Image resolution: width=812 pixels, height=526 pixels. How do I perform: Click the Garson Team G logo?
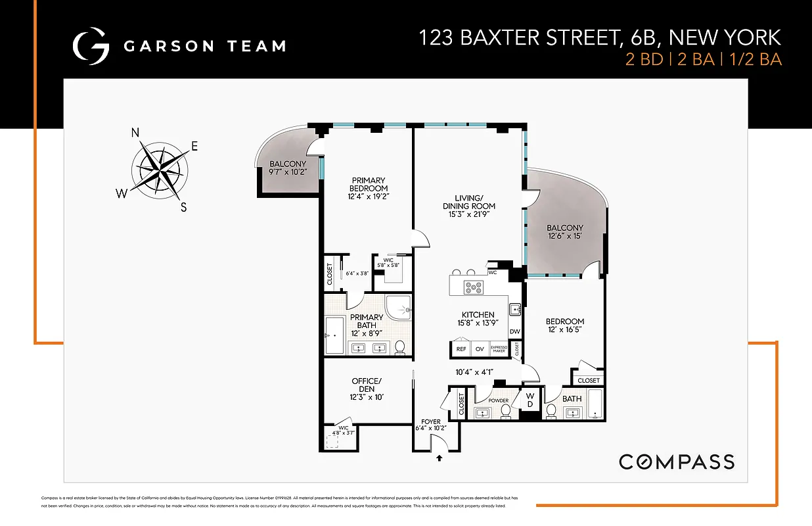(x=91, y=45)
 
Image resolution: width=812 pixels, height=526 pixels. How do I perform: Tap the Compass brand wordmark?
(x=676, y=462)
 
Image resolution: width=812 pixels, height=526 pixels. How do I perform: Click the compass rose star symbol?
(x=158, y=168)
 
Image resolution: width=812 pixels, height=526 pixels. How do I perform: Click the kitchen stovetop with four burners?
(x=473, y=287)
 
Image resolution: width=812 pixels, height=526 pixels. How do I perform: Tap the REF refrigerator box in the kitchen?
(x=461, y=350)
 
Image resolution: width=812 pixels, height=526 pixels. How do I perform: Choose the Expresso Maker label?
(x=499, y=350)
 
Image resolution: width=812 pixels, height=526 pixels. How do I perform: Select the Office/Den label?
(x=366, y=385)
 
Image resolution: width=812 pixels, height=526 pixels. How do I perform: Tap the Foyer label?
(x=431, y=421)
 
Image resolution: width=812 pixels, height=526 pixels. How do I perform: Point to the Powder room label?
(x=498, y=400)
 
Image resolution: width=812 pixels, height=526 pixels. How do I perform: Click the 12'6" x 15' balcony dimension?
(x=564, y=237)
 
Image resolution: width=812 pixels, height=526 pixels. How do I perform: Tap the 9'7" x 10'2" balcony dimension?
(x=288, y=172)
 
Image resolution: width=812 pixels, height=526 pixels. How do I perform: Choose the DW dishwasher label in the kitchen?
(x=515, y=332)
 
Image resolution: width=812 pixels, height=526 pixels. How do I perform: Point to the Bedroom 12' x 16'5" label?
(x=564, y=325)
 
